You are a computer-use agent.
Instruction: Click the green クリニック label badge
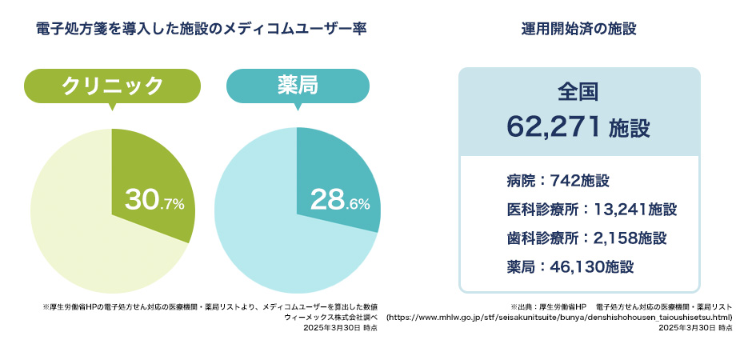(x=112, y=86)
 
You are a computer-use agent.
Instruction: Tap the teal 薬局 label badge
(x=298, y=86)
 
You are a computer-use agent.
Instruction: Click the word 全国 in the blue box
(x=578, y=92)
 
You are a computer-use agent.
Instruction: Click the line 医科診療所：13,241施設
(x=591, y=210)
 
